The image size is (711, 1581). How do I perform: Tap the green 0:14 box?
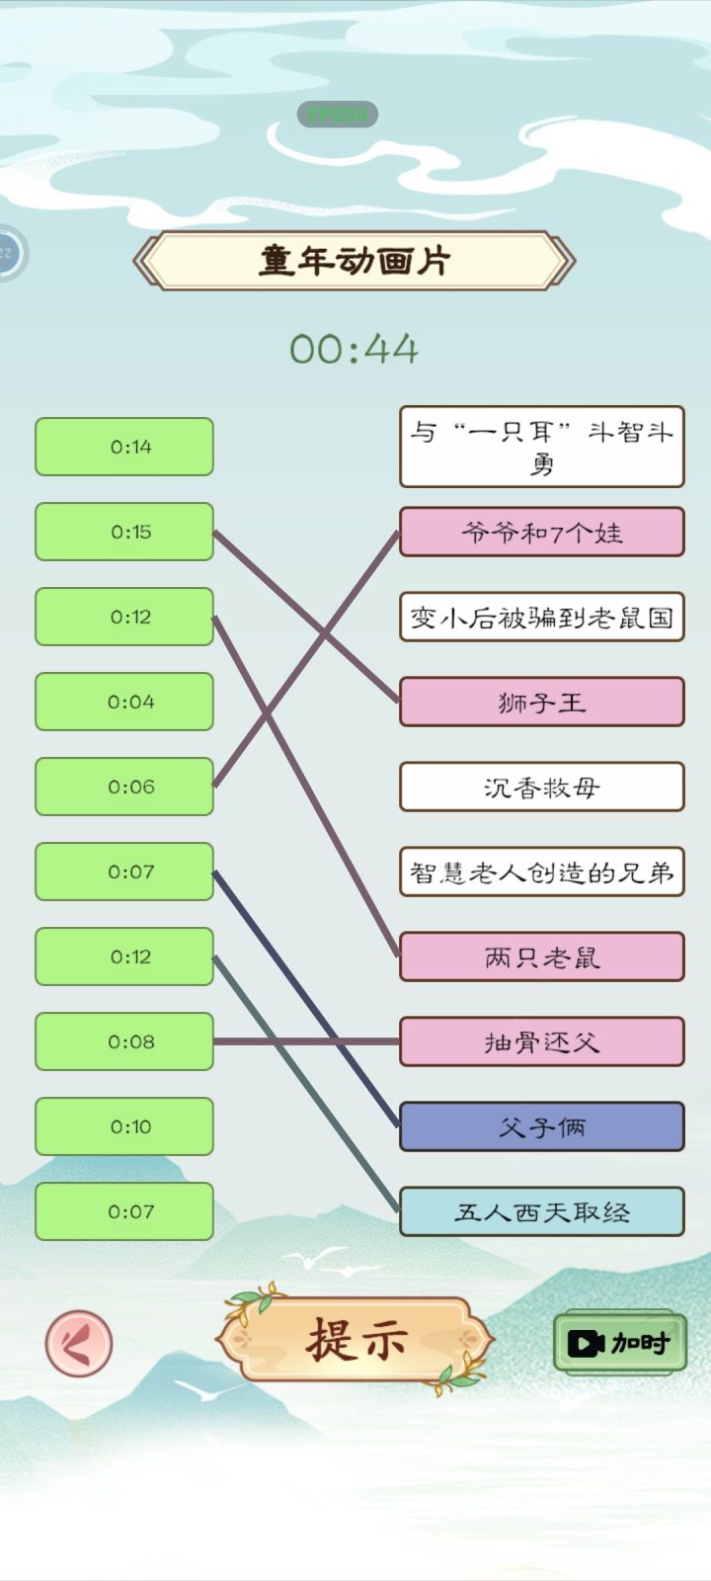[124, 447]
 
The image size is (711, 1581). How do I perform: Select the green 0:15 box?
[124, 532]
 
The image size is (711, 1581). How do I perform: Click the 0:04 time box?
[124, 702]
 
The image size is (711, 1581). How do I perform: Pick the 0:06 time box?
[124, 787]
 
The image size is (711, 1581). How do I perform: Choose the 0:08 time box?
[124, 1041]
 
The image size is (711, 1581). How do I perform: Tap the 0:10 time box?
[124, 1126]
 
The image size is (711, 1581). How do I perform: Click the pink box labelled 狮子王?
[541, 702]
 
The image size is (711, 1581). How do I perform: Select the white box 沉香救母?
[541, 787]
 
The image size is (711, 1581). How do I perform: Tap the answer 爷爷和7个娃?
[541, 533]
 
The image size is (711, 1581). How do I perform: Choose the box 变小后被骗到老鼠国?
[541, 618]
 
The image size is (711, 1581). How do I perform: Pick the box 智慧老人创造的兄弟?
[541, 872]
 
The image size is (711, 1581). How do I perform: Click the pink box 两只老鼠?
[541, 957]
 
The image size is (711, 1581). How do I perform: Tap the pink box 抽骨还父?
[541, 1041]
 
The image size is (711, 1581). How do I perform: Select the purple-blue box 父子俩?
[541, 1126]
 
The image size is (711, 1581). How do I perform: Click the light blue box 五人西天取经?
[541, 1211]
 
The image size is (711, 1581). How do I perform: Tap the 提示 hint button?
[355, 1341]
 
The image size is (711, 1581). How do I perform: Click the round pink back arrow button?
[79, 1344]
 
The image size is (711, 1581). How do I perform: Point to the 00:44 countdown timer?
[355, 349]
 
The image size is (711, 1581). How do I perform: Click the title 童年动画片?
[355, 261]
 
